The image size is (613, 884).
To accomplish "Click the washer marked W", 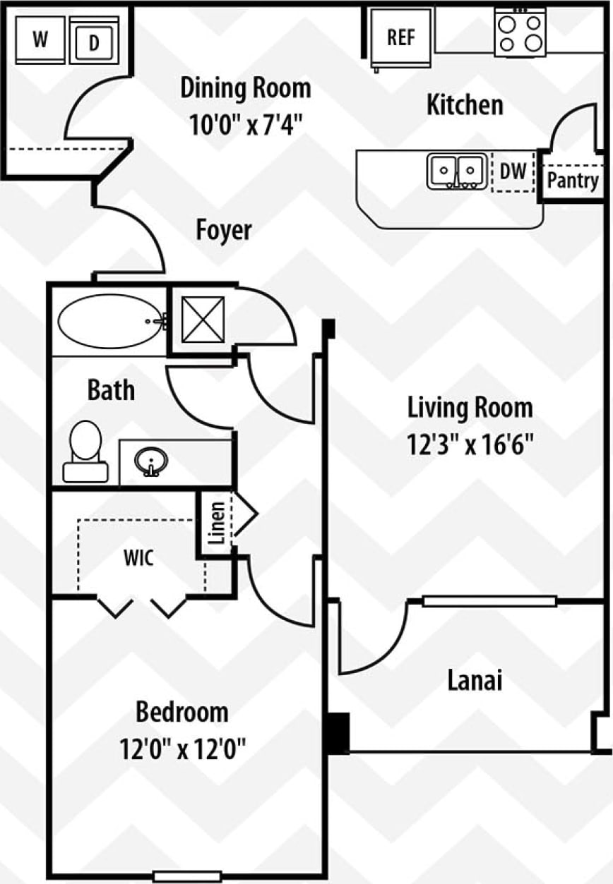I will tap(40, 40).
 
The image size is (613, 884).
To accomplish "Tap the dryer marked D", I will tap(94, 42).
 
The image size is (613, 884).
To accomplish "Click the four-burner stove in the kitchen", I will tap(520, 32).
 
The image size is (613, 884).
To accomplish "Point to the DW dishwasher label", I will tap(513, 171).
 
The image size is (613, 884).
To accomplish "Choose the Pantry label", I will tap(573, 181).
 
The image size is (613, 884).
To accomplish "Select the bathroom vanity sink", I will tap(150, 463).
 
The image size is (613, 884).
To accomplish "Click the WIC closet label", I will tap(138, 557).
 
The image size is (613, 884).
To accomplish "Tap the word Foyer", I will tap(223, 230).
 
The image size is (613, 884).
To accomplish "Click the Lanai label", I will tap(475, 681).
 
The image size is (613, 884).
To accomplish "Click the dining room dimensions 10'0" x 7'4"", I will tap(246, 125).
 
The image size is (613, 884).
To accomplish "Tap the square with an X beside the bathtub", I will tap(202, 320).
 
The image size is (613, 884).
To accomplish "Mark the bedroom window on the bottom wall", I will tap(187, 876).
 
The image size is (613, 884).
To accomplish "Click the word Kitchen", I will tap(465, 105).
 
